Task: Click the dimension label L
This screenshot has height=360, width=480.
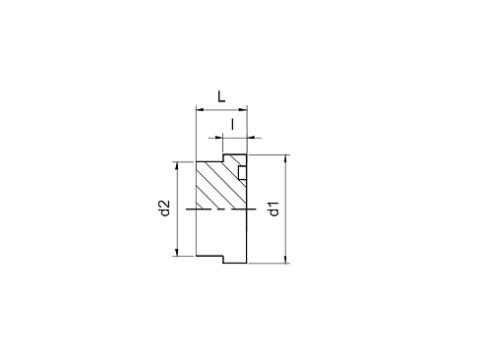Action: point(221,96)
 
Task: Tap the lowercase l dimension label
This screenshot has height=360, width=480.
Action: point(232,124)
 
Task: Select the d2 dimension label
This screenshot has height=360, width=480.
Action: point(165,209)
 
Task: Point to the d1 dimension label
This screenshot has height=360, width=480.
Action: point(273,209)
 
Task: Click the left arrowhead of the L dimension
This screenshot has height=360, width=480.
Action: point(200,109)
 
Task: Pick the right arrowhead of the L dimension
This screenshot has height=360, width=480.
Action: point(243,109)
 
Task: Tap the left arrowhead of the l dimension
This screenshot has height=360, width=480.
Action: point(218,138)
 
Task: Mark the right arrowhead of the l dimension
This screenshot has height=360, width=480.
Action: point(251,138)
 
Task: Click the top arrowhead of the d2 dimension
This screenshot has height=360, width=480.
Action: point(177,165)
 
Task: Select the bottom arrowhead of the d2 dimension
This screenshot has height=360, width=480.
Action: point(177,252)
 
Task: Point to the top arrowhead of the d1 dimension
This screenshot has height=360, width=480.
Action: point(286,158)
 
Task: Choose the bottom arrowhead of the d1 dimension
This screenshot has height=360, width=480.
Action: point(286,259)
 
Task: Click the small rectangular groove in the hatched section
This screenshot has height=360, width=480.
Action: point(242,173)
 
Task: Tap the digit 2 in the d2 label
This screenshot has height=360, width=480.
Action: point(165,204)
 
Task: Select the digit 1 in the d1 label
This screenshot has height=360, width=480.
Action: point(273,204)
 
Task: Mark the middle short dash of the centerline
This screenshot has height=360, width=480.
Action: point(220,209)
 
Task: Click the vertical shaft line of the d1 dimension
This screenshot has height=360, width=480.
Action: point(286,209)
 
